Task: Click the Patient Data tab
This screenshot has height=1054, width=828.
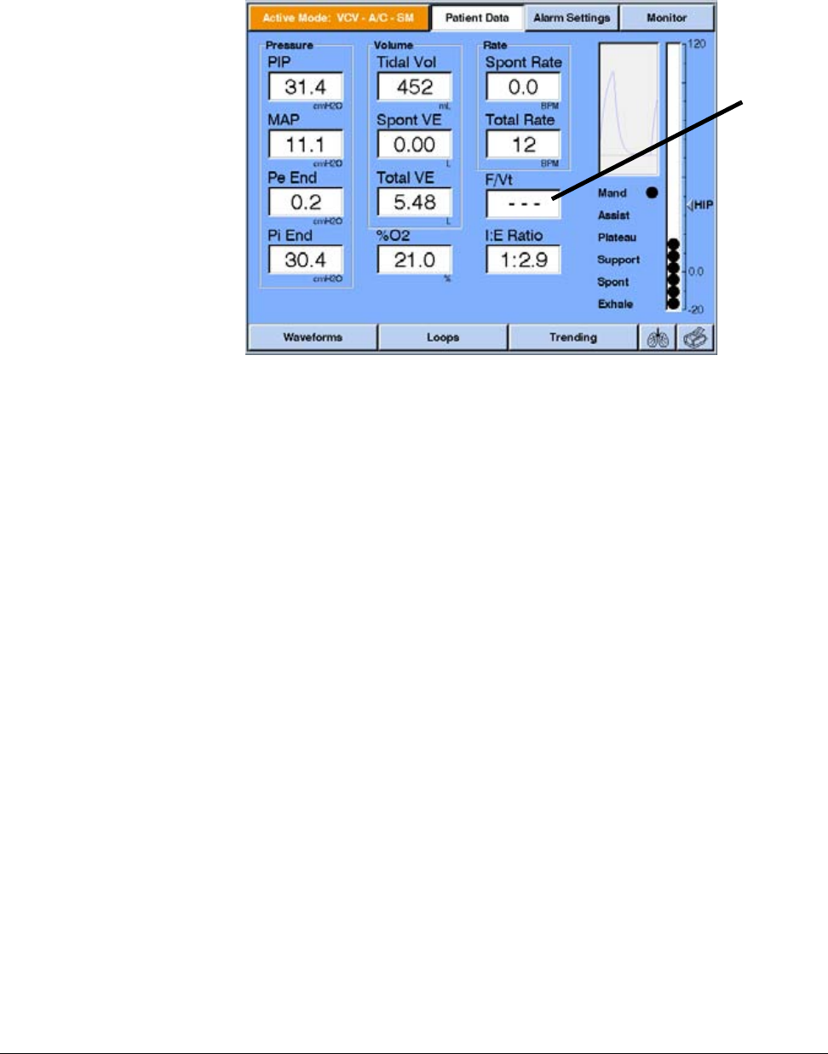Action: [476, 18]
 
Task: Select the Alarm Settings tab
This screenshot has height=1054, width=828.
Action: [572, 18]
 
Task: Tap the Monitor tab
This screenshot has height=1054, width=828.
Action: [666, 18]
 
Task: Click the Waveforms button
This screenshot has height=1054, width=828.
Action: [312, 338]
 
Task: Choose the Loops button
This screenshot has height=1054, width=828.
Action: [443, 338]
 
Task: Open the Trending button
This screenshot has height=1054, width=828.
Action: [572, 338]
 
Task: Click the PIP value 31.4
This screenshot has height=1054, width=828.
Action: [305, 87]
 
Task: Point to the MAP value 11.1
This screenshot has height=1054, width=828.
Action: [305, 145]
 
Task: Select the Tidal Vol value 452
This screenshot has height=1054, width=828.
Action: [414, 87]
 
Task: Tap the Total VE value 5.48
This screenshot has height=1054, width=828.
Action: [414, 203]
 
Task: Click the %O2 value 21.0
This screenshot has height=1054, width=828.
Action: [414, 261]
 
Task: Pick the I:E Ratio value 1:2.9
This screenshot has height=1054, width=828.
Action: [523, 261]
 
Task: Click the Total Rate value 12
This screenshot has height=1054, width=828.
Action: [523, 145]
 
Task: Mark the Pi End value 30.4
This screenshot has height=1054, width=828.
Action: [305, 261]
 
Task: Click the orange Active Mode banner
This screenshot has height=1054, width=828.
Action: [338, 18]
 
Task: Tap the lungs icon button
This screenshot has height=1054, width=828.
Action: [658, 339]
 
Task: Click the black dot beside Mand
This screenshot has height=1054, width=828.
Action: [653, 192]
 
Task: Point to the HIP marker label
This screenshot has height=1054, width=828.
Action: [702, 205]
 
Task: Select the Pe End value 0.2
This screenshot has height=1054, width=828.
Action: [305, 203]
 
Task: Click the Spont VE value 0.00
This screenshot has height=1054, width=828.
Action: [414, 145]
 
